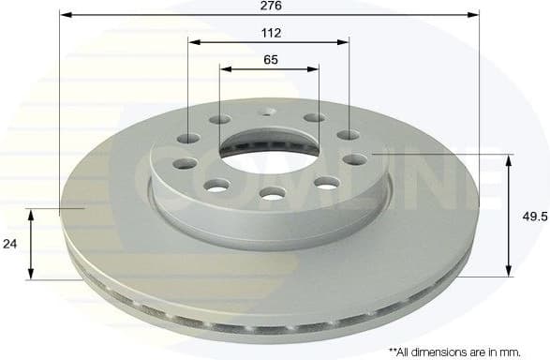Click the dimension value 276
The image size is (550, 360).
[268, 6]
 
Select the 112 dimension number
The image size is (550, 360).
[269, 32]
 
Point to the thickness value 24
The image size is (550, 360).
[10, 243]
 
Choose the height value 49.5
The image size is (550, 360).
[533, 216]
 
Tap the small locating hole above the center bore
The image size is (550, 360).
[271, 113]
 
